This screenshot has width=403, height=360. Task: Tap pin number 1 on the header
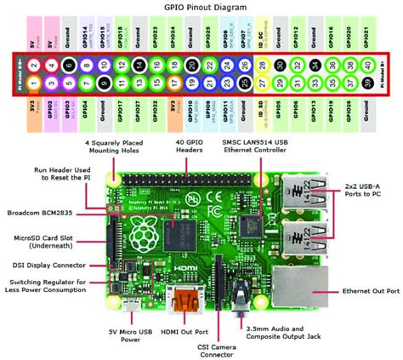coord(32,83)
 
